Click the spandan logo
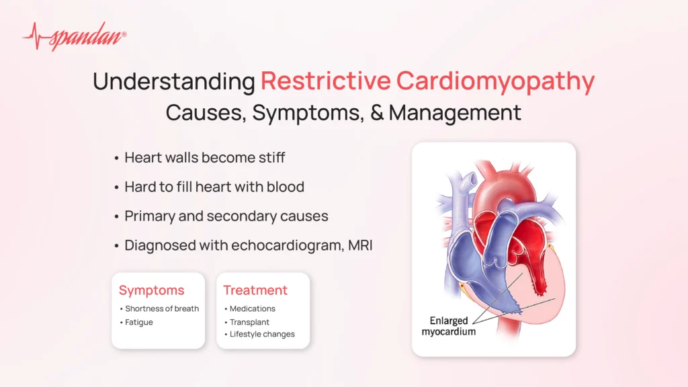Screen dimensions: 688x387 75,36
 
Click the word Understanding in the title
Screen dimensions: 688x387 174,81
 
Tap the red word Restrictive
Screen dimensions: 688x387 326,81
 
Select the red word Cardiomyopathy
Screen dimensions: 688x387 495,83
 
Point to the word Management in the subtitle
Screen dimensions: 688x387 455,112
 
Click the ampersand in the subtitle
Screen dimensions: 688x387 377,112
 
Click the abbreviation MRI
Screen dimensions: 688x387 360,245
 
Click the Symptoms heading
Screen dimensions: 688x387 151,290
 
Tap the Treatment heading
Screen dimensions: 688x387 255,290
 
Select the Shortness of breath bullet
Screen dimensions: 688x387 162,308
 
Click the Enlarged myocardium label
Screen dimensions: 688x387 448,326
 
